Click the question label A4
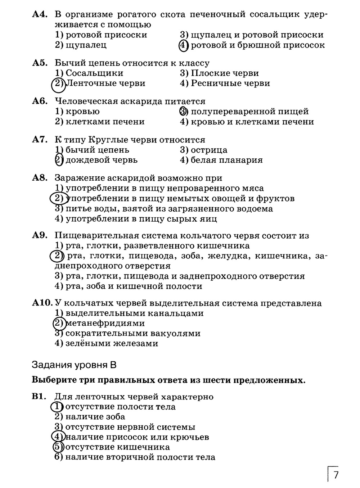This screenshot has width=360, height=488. [40, 15]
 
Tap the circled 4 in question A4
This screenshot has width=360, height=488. [183, 45]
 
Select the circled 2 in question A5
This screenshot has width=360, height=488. [58, 84]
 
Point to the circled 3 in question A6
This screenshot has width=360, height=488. [183, 112]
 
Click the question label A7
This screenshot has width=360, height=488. [40, 140]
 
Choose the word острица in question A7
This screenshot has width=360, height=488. [209, 150]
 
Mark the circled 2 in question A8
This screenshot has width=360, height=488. [58, 198]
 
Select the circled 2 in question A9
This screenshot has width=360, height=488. [56, 256]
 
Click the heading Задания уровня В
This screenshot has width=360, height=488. [74, 365]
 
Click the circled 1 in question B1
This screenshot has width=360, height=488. [57, 407]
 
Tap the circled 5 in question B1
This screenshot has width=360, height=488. [58, 447]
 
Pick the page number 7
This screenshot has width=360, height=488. [336, 475]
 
